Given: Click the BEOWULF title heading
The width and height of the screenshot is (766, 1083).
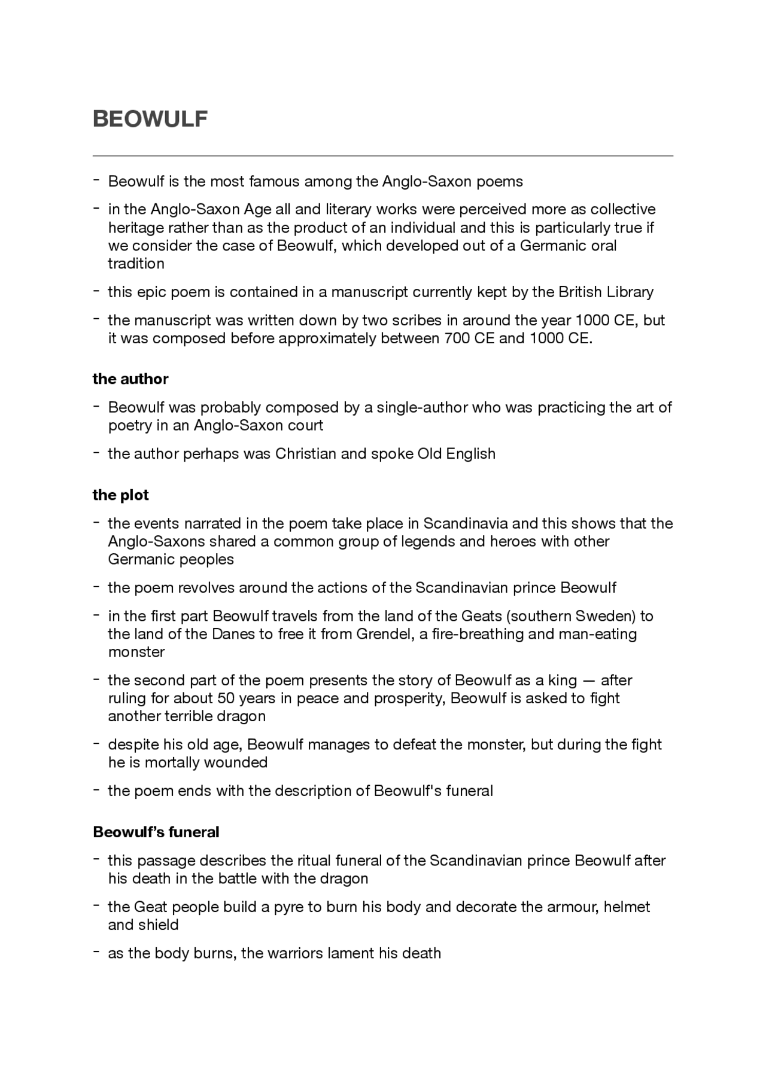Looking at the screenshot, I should [x=150, y=119].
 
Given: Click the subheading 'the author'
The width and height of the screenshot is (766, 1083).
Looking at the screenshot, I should [x=130, y=379].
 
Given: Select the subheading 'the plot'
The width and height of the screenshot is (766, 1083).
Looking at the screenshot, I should [x=120, y=495].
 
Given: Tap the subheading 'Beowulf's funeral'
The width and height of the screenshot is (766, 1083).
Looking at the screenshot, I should [x=156, y=832].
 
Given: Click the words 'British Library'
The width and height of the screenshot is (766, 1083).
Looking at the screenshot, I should [x=606, y=292].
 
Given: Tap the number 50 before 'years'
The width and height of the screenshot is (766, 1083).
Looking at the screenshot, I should [x=225, y=698].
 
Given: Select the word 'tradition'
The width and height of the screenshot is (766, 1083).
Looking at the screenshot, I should [x=136, y=264].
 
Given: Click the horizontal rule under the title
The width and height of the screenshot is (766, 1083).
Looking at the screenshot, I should [x=383, y=155].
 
